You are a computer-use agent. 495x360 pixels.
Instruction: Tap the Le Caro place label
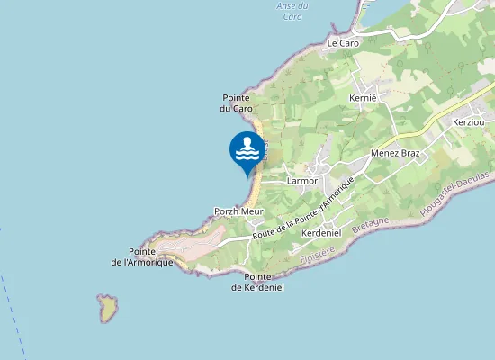pos(343,42)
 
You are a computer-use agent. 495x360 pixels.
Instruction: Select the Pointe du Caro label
pos(237,103)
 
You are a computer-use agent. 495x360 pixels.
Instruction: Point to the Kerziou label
pos(469,121)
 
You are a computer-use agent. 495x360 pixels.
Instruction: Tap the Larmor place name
pos(302,180)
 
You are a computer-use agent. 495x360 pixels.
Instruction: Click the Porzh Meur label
pos(238,211)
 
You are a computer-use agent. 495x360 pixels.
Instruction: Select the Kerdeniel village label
pos(320,233)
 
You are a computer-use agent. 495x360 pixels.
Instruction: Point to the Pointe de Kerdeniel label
pos(257,282)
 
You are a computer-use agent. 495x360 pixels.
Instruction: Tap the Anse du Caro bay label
pos(291,11)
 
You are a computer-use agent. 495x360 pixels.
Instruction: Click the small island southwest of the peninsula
pos(109,308)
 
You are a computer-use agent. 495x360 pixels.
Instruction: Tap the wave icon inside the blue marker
pos(247,155)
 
